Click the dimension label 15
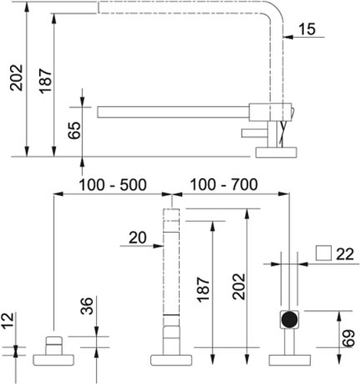pos(307,29)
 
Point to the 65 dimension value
pos(74,131)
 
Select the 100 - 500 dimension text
pos(113,184)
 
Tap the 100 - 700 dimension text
pos(223,184)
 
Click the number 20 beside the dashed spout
pos(137,237)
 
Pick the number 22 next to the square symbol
pos(345,254)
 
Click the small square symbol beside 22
pos(324,253)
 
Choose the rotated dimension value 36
pos(87,306)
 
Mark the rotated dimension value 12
pos(8,320)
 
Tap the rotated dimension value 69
pos(348,338)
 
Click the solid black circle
pos(289,319)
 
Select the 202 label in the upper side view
pos(16,78)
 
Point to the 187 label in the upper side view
pos(45,81)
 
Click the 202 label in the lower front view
pos(239,286)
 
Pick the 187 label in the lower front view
pos(203,290)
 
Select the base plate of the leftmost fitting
pos(54,360)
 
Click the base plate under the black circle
pos(290,360)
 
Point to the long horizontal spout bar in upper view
pos(173,112)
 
